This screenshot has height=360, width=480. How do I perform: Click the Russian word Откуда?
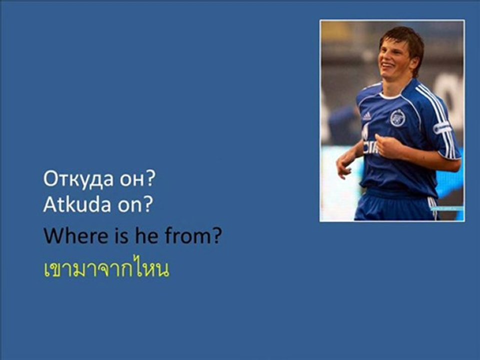(78, 179)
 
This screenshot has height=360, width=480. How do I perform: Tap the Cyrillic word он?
(131, 180)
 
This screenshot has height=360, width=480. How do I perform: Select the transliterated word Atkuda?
(77, 204)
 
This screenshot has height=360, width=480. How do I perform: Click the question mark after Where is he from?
(216, 235)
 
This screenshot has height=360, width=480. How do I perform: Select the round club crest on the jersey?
(397, 118)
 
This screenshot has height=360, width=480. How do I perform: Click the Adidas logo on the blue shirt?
(366, 116)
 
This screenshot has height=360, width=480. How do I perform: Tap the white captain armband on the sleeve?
(442, 127)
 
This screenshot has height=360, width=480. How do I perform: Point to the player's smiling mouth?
(387, 65)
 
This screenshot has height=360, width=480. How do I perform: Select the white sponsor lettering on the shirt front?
(370, 147)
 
